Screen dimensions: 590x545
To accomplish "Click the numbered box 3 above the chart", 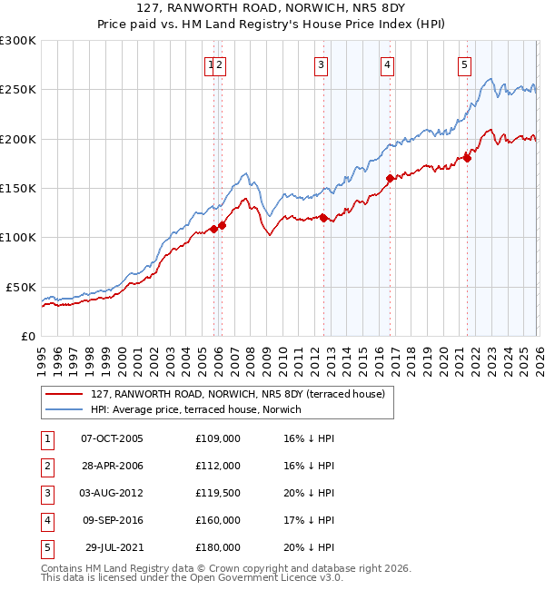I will pyautogui.click(x=322, y=64).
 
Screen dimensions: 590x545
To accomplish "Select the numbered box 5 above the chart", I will pyautogui.click(x=464, y=64).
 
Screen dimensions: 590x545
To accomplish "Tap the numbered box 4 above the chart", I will pyautogui.click(x=387, y=64).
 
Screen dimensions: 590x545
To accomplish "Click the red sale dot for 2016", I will pyautogui.click(x=390, y=179).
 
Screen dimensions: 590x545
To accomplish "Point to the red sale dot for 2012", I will pyautogui.click(x=324, y=218).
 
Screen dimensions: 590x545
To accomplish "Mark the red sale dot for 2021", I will pyautogui.click(x=468, y=159).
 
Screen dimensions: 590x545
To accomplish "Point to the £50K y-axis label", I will pyautogui.click(x=21, y=287).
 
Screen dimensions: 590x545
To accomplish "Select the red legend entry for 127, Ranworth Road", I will pyautogui.click(x=238, y=394).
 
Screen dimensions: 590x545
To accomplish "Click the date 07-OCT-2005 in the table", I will pyautogui.click(x=112, y=438).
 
